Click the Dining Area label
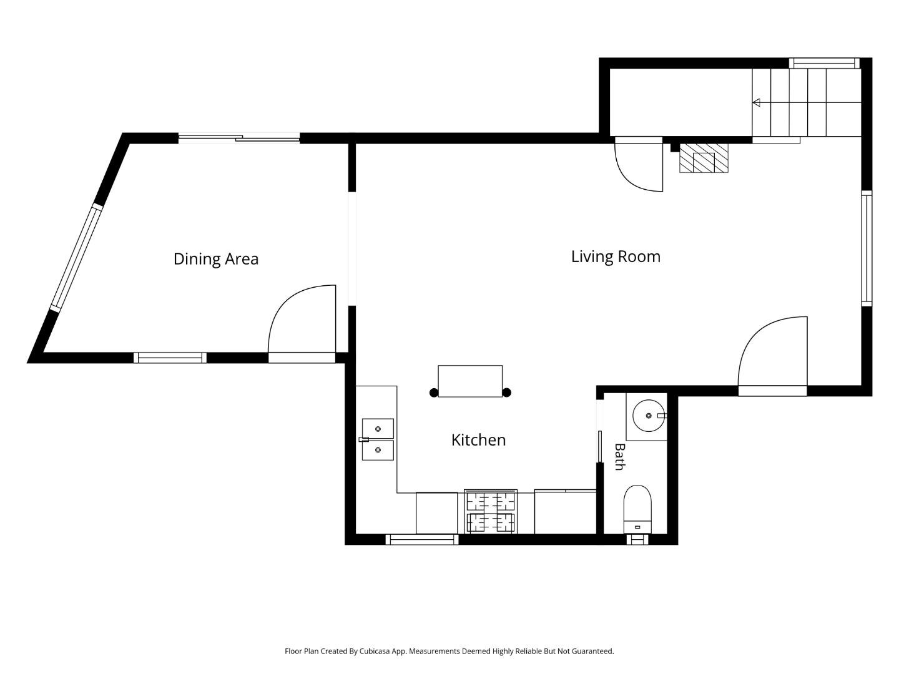click(216, 260)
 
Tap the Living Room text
click(616, 257)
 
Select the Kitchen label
click(478, 441)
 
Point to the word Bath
click(619, 457)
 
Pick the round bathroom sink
click(649, 416)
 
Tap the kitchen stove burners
click(490, 512)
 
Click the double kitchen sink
click(378, 439)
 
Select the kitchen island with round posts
click(470, 381)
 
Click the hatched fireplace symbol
click(704, 157)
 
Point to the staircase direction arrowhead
click(757, 102)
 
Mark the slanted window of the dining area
click(77, 257)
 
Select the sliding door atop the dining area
click(238, 138)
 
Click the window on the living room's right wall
click(867, 248)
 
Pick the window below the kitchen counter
click(422, 539)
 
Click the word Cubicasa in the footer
click(375, 651)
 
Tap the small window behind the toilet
click(637, 539)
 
